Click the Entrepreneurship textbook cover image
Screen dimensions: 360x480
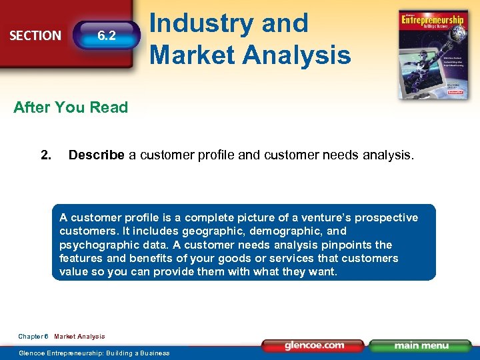[431, 54]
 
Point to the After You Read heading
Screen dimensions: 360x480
[71, 107]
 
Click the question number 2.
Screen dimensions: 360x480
[45, 155]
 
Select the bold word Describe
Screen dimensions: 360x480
[96, 155]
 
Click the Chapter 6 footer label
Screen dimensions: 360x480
[33, 337]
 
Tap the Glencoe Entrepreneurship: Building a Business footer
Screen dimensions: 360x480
[94, 353]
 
